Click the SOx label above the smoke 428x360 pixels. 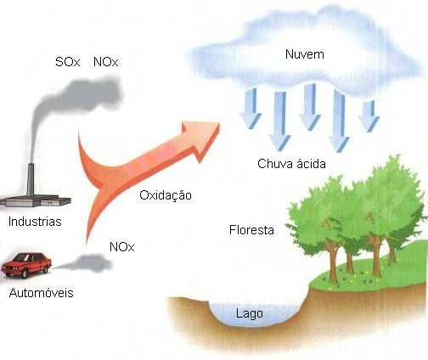click(68, 62)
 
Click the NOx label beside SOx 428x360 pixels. click(105, 62)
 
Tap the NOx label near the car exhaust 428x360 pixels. click(121, 247)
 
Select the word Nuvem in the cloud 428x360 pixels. click(305, 54)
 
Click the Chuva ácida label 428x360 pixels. click(291, 164)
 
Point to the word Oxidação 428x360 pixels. click(166, 195)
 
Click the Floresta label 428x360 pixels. click(251, 230)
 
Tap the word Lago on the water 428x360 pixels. click(250, 313)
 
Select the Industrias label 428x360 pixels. click(35, 222)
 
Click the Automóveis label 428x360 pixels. click(42, 293)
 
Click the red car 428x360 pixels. click(26, 265)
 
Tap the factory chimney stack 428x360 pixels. click(31, 180)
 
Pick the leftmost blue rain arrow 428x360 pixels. click(251, 108)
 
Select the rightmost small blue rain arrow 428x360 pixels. click(369, 116)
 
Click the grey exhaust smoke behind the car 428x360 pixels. click(85, 263)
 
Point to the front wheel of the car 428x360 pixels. click(25, 273)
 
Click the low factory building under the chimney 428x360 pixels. click(36, 201)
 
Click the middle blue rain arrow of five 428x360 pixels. click(310, 107)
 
